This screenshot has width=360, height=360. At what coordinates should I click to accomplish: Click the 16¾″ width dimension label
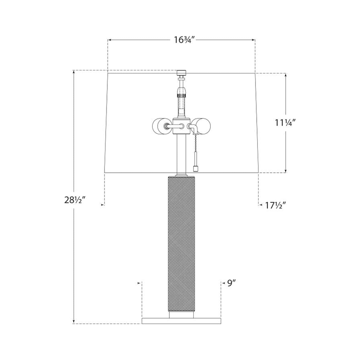coord(185,40)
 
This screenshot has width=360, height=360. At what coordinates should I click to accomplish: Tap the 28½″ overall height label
coord(75,200)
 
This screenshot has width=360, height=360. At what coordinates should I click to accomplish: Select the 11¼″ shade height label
coord(285,123)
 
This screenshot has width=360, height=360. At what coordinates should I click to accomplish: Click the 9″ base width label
coord(232,288)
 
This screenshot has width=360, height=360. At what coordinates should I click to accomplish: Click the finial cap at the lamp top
coord(181,72)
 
